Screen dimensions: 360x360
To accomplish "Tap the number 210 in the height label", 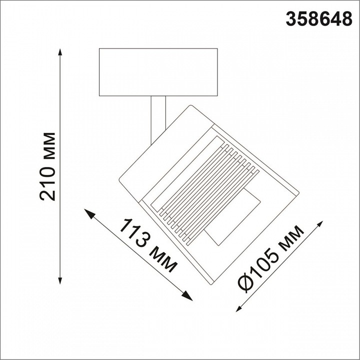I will coord(48,185).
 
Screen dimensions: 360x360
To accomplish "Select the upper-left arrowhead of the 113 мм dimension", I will coord(89,213).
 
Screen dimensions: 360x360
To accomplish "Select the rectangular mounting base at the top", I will coord(158,72).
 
